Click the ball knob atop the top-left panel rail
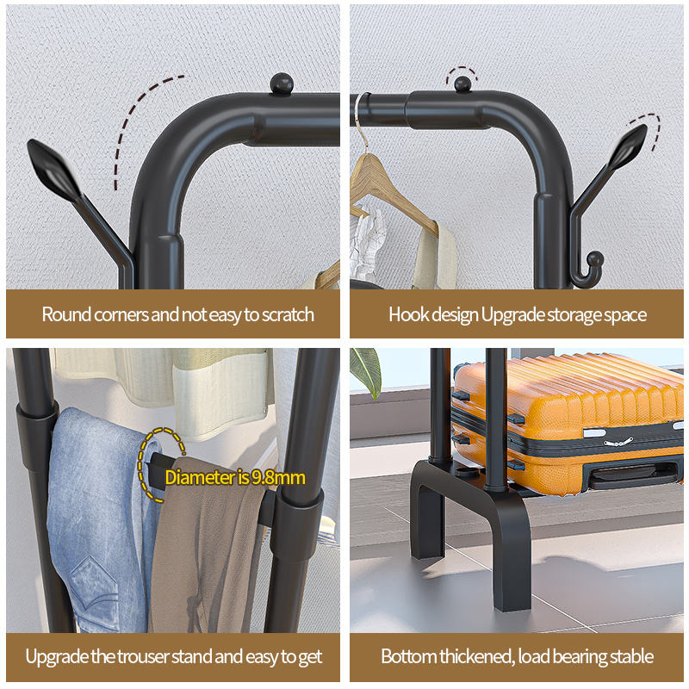point(282,84)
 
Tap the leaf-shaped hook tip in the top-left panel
point(53,169)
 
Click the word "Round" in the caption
point(66,314)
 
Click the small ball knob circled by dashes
point(462,84)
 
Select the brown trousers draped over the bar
point(207,549)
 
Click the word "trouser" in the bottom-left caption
point(143,657)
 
